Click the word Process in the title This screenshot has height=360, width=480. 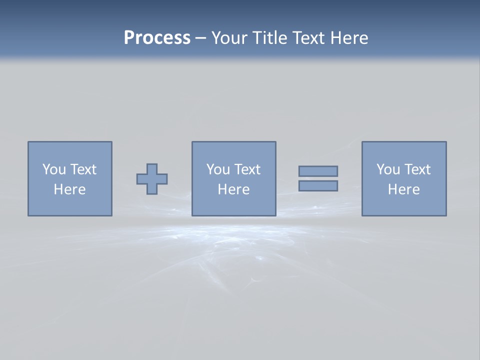157,38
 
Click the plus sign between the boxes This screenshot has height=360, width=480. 152,179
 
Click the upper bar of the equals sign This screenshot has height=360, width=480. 318,171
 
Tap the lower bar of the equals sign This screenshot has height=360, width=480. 318,186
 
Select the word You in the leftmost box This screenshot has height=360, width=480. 54,169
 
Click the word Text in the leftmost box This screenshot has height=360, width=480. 83,169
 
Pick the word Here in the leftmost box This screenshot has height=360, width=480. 69,189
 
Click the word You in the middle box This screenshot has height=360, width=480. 218,169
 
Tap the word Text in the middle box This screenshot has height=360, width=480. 247,169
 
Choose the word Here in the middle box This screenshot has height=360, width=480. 233,189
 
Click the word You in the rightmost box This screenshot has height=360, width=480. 388,169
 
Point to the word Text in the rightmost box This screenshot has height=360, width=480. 417,169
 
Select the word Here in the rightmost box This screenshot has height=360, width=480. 403,189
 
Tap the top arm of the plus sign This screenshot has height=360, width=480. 152,168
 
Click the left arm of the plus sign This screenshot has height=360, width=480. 141,179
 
